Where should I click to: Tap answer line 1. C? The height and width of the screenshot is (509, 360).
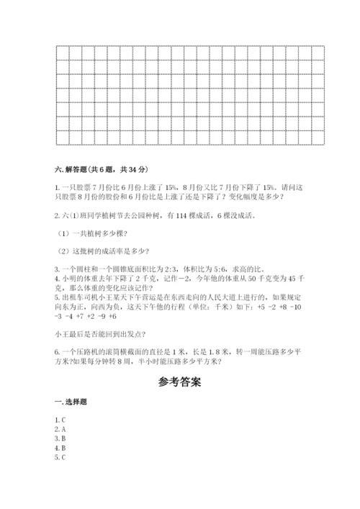click(60, 419)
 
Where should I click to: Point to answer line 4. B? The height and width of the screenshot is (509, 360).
click(60, 447)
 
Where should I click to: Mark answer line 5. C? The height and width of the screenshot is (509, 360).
click(60, 456)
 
